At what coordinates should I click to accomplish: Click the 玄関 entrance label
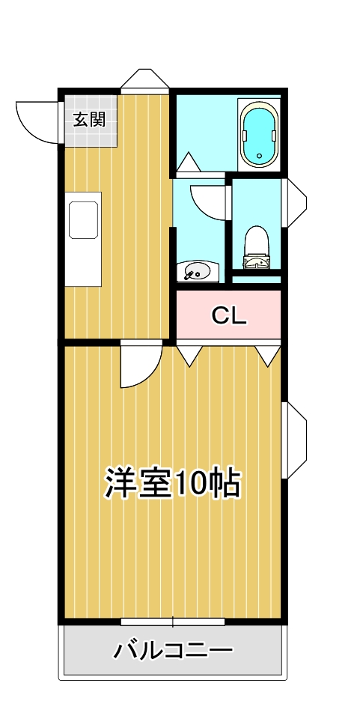coord(89,120)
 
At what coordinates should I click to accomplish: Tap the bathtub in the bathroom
coord(259,135)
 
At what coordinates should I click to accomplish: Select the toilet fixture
coord(257,247)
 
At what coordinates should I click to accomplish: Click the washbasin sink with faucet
coord(197,272)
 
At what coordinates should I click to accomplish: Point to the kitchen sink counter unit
coord(83,239)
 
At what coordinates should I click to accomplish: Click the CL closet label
coord(229,315)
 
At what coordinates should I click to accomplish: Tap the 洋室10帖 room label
coord(172,484)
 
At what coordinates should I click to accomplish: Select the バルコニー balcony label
coord(173,651)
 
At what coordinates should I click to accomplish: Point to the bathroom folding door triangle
coord(188,162)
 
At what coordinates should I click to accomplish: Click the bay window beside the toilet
coord(294,202)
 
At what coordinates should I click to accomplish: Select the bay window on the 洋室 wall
coord(294,440)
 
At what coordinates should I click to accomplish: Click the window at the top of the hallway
coord(144,80)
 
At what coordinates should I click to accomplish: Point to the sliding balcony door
coord(173,622)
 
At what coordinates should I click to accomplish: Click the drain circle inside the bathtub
coord(259,156)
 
